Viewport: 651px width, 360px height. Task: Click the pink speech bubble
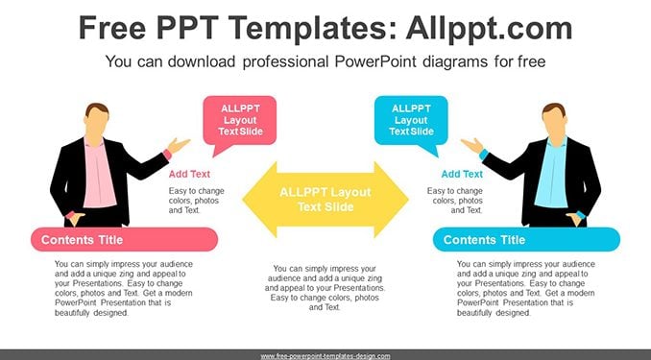pos(239,121)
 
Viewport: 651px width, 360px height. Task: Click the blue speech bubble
pos(411,121)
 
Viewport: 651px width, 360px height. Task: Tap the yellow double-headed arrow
pos(325,200)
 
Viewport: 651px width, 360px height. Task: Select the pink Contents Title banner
pos(124,240)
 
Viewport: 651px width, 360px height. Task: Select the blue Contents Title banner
pos(526,240)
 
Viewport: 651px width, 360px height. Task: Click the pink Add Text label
pos(189,174)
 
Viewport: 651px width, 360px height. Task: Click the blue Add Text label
pos(462,174)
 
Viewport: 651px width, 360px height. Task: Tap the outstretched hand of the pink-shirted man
pos(178,145)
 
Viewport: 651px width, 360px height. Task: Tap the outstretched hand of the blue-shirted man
pos(472,145)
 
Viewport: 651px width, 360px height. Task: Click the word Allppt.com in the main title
pos(489,29)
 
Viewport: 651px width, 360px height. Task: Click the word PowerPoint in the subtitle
pos(374,61)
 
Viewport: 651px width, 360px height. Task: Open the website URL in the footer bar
pos(325,356)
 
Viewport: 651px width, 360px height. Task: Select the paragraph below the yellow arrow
pos(325,288)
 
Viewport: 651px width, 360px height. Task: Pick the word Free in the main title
pos(112,29)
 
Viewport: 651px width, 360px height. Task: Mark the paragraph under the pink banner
pos(124,288)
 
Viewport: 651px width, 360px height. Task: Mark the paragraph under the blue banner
pos(526,288)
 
